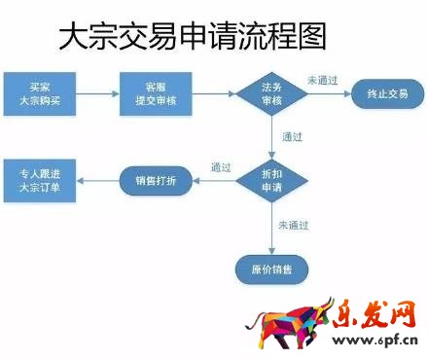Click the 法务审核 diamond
271,93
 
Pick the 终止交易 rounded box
387,93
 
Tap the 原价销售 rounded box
271,267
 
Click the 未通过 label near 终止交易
323,80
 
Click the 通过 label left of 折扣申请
221,167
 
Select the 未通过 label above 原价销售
293,225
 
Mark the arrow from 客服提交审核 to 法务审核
213,93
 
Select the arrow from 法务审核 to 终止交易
328,93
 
